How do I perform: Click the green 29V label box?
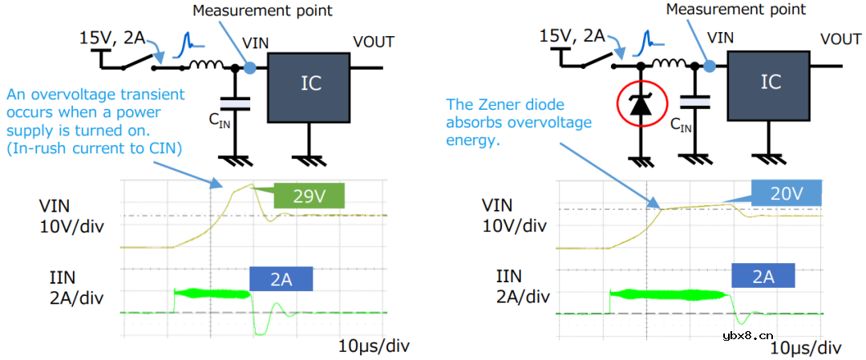tap(310, 196)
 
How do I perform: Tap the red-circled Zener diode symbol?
tap(641, 106)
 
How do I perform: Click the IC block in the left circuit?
tap(308, 87)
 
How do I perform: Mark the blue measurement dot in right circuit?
tap(710, 65)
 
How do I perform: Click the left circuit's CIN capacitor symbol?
tap(235, 103)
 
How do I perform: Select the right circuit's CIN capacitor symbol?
tap(695, 100)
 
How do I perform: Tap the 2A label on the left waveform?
tap(280, 278)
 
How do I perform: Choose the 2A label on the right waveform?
tap(763, 277)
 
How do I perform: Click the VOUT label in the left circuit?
tap(374, 42)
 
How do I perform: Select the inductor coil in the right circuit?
tap(669, 63)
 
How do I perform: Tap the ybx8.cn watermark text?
tap(748, 336)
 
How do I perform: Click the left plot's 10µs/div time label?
tap(374, 346)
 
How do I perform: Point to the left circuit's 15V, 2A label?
tap(113, 38)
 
